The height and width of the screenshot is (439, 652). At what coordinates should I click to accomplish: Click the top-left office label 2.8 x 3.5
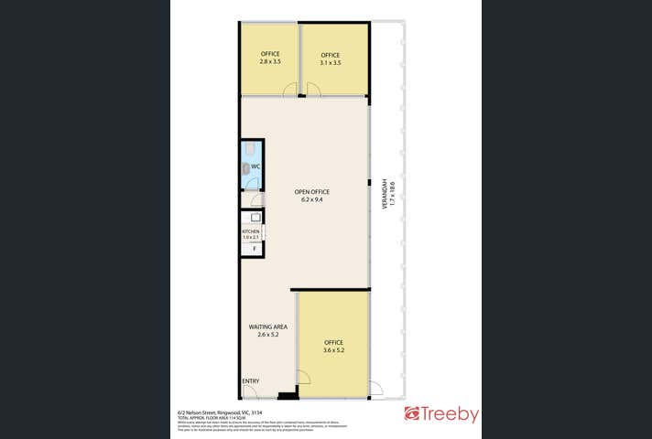269,58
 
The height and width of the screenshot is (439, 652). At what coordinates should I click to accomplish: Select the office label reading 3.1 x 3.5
331,59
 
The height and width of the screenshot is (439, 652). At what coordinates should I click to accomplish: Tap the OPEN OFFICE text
311,191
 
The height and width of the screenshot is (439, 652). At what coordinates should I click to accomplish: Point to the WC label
256,166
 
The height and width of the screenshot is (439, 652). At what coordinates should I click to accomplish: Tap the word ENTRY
251,380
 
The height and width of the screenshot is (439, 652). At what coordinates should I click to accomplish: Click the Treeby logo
442,414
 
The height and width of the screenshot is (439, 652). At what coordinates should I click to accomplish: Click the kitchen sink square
255,218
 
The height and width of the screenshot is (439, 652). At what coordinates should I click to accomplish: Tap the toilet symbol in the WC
247,166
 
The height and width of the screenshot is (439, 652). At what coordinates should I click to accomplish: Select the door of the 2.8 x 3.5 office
290,90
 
